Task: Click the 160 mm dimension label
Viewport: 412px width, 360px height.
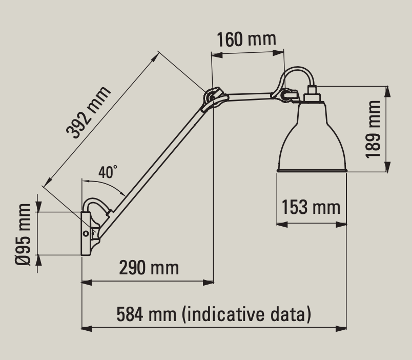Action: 246,39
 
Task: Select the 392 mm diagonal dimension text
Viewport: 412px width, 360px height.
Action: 89,113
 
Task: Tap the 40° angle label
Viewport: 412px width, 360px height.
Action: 108,172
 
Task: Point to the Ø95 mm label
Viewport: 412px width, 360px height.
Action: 23,233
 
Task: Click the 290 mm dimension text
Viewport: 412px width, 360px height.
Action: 149,267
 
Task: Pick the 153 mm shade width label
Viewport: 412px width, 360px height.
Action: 311,207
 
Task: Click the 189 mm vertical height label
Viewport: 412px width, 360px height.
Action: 374,129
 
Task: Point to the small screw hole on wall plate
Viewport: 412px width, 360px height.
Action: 86,233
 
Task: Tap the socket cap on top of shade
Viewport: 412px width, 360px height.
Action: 311,97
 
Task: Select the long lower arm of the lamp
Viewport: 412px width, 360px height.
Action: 154,164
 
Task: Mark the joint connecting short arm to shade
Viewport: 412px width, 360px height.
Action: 287,94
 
